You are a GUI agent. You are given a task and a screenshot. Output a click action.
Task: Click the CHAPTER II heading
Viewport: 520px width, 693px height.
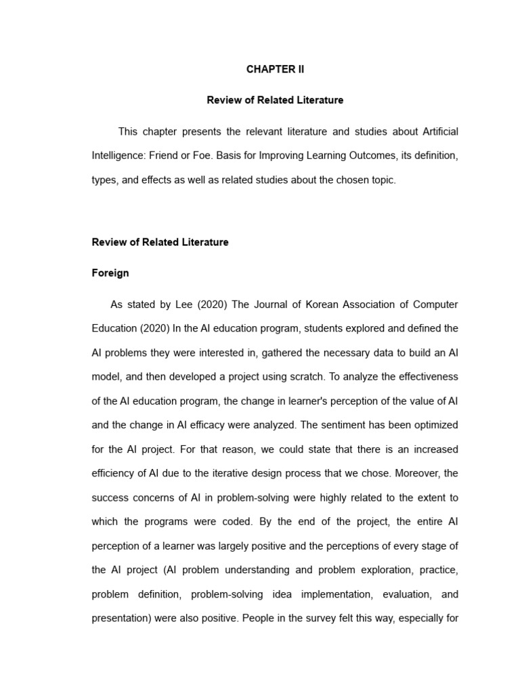[x=275, y=69]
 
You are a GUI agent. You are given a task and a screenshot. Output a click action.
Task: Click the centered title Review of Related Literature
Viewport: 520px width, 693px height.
[x=275, y=100]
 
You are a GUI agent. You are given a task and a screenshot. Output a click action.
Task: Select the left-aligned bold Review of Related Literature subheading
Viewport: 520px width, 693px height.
[x=160, y=242]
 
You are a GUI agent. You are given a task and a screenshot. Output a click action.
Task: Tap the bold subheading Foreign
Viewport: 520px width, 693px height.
[x=110, y=273]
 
